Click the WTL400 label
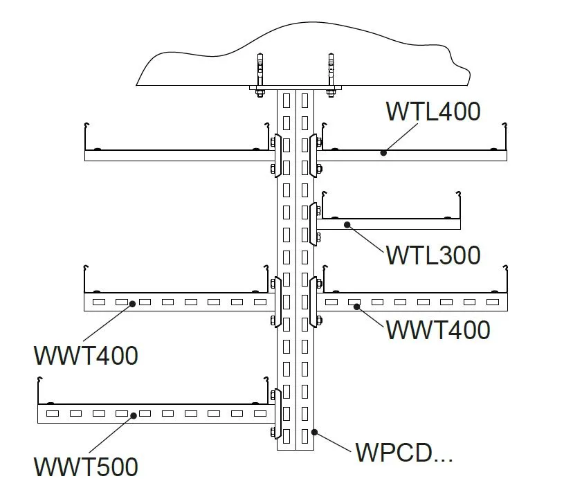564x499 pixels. (x=433, y=111)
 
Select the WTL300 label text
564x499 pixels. (x=433, y=255)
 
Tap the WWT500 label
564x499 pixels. (x=86, y=466)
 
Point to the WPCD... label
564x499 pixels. (x=403, y=453)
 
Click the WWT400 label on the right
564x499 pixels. (x=437, y=329)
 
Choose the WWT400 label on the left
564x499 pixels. (x=86, y=355)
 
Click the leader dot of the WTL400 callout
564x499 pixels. (x=383, y=152)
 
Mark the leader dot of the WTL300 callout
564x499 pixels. (x=348, y=224)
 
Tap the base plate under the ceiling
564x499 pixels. (x=295, y=88)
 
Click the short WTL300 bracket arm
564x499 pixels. (x=391, y=224)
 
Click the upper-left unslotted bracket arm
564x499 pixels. (x=176, y=156)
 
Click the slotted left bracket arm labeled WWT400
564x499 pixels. (x=176, y=302)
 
